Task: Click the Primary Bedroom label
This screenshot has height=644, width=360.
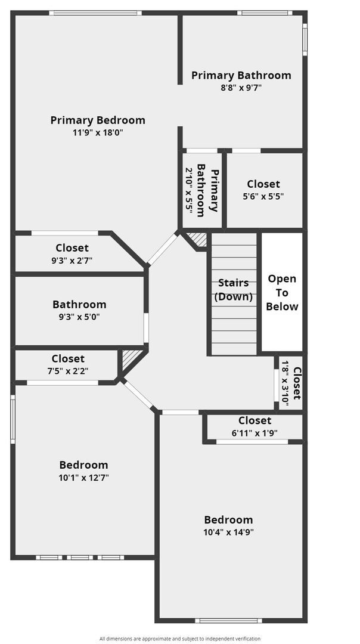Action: (98, 120)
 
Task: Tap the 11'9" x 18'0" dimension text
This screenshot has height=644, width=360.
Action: (98, 132)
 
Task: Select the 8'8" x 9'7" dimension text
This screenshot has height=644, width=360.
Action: (241, 87)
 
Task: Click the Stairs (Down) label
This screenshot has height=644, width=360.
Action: (234, 289)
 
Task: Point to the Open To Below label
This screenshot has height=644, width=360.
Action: (282, 292)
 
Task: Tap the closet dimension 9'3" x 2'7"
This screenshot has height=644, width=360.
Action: (72, 260)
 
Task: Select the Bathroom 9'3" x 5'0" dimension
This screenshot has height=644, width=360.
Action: (79, 317)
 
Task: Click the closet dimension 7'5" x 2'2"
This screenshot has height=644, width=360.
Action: (68, 370)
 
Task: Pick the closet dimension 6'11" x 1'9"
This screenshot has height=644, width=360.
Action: (255, 433)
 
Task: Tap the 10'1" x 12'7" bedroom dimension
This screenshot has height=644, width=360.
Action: (84, 477)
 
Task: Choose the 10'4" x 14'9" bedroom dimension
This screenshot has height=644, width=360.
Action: (228, 532)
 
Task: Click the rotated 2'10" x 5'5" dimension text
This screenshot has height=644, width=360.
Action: (189, 190)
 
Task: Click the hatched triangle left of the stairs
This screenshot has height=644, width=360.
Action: (198, 239)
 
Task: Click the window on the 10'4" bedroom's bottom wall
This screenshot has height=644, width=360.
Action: (228, 620)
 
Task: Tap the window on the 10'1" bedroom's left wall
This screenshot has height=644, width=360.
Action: (13, 420)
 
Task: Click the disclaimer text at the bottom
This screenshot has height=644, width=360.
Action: (180, 639)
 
